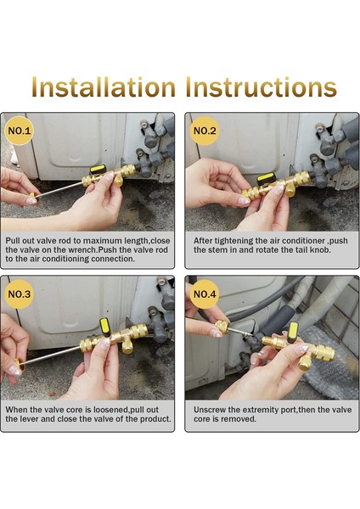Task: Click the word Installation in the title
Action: (x=104, y=87)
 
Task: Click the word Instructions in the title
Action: (x=262, y=87)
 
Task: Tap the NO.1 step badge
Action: (x=20, y=131)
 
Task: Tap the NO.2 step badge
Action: (x=205, y=131)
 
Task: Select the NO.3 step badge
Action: (x=20, y=294)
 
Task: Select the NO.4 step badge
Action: (x=205, y=294)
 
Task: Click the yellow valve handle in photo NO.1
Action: (x=98, y=169)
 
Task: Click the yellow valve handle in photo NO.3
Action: (x=104, y=326)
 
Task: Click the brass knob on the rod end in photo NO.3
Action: (x=19, y=365)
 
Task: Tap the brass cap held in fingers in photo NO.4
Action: (x=223, y=327)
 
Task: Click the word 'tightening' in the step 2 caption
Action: (x=233, y=241)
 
